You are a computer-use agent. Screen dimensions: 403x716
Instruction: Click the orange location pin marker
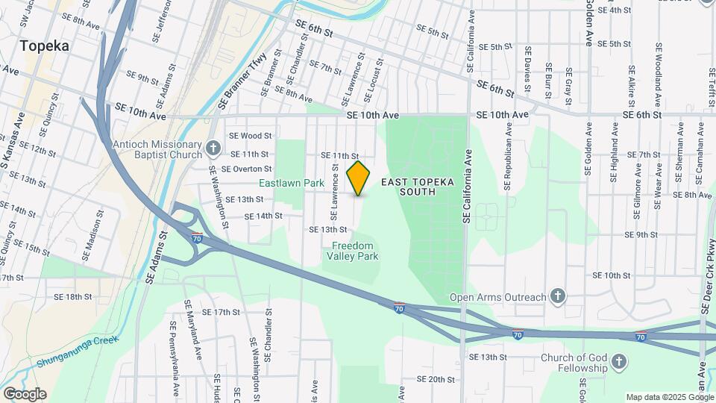pos(359,178)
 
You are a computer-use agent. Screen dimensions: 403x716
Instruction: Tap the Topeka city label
pos(45,46)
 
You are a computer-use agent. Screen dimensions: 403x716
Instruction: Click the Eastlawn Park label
pos(292,183)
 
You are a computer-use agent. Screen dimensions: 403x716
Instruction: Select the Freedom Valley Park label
pos(352,251)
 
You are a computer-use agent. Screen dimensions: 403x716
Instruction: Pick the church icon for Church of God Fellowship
pos(618,363)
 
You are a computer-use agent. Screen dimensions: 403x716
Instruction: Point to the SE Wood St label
pos(251,136)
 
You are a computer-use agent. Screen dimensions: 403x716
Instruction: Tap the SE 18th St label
pos(73,296)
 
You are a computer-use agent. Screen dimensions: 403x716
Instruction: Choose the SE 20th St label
pos(436,379)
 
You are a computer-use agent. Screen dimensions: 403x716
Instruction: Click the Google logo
pos(25,394)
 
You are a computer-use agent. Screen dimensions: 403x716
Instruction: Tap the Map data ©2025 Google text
pos(668,397)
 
